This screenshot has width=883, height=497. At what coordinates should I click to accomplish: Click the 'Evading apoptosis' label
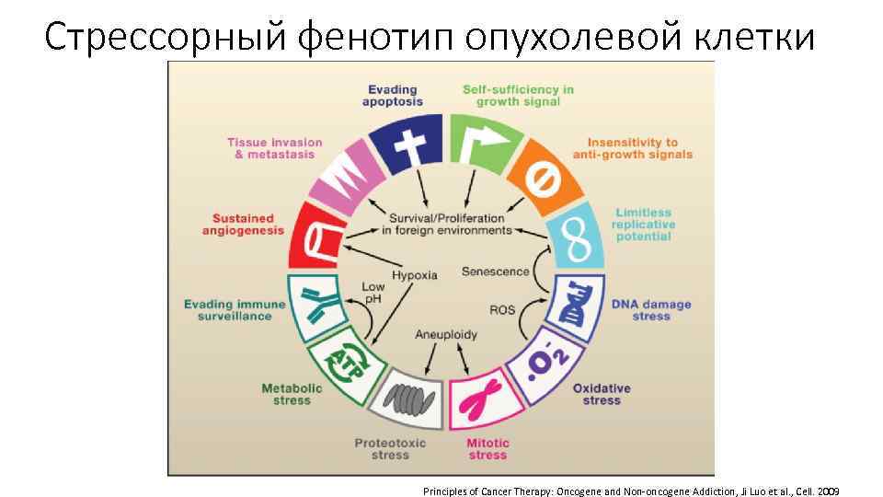coord(393,96)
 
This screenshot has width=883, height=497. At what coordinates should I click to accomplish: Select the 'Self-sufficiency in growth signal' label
coord(518,96)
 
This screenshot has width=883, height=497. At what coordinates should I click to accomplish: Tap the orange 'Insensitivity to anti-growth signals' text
coord(633,148)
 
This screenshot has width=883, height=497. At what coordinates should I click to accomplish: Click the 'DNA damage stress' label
coord(651,310)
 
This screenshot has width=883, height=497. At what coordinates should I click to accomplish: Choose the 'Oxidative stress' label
coord(602,394)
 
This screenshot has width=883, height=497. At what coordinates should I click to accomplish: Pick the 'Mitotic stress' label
coord(487,449)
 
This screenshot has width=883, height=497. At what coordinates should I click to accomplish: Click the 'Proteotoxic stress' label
coord(391,449)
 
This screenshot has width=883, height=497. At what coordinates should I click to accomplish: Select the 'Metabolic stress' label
coord(292,394)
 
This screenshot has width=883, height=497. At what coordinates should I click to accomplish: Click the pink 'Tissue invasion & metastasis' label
coord(275,148)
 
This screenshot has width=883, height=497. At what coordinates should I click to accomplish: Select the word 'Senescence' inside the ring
coord(495,272)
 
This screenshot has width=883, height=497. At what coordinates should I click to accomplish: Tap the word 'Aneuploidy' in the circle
coord(446,333)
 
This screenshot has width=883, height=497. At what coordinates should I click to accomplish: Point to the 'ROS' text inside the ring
coord(502,309)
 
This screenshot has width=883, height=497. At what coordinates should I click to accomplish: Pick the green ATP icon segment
coord(337,362)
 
